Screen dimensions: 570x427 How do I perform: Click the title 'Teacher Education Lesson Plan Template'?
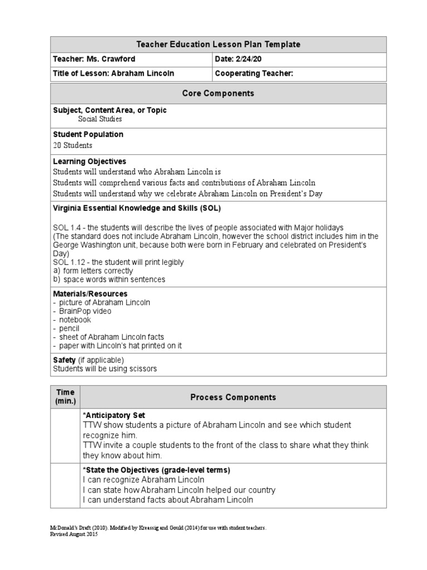tap(218, 45)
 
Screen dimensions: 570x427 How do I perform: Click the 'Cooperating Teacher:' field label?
tap(254, 73)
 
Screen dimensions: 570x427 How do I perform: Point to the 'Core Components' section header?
tap(218, 94)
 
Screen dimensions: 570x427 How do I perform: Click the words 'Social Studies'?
tap(100, 119)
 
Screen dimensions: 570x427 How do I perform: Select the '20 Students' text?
tap(73, 145)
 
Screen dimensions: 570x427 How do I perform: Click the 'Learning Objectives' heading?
tap(90, 161)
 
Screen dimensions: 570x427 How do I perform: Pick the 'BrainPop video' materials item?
tap(85, 311)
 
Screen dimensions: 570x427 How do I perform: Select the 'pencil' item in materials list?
tap(68, 328)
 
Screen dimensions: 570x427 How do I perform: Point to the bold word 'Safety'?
tap(64, 360)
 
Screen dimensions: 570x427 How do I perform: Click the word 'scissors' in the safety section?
tap(142, 368)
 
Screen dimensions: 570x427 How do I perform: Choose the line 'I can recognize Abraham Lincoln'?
tap(143, 479)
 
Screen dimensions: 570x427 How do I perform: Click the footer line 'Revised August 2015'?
tap(73, 533)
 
